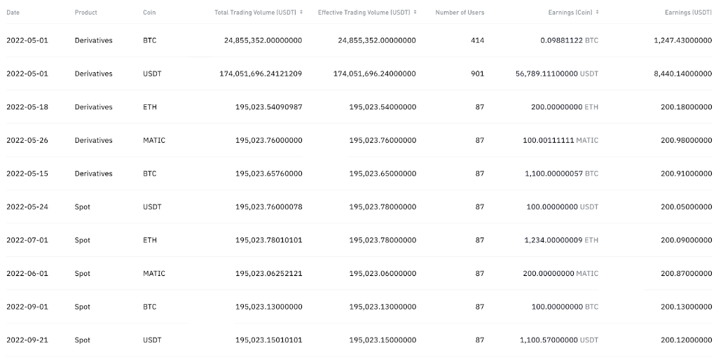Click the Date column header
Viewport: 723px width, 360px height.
click(13, 13)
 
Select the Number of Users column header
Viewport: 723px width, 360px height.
click(460, 13)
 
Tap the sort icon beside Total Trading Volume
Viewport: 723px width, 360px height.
click(301, 13)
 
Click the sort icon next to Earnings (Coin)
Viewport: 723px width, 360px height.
click(598, 13)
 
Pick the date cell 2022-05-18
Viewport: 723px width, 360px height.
click(27, 107)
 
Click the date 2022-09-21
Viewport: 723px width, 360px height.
click(27, 340)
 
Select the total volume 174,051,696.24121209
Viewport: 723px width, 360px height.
click(261, 74)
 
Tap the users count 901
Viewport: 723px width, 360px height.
click(477, 74)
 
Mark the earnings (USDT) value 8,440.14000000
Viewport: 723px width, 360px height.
click(682, 74)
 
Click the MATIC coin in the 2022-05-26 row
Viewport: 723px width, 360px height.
click(154, 140)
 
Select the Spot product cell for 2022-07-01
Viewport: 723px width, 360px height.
click(83, 240)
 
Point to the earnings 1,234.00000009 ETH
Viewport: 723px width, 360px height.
click(561, 240)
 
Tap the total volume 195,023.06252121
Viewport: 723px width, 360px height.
click(269, 274)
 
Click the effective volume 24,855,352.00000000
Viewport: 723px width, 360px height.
click(376, 41)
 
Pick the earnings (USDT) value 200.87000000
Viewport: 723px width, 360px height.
click(686, 274)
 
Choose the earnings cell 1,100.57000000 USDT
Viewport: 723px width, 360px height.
click(559, 340)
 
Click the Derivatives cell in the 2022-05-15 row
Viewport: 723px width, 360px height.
click(93, 174)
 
